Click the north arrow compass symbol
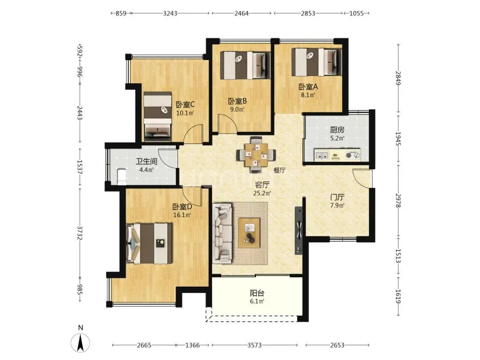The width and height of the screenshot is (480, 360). (80, 342)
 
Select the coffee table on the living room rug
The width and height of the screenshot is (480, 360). (249, 233)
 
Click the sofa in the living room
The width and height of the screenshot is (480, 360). (222, 233)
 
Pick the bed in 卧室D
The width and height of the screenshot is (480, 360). (149, 244)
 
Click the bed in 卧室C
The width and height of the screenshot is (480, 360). (157, 116)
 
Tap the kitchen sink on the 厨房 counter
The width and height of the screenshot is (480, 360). (322, 155)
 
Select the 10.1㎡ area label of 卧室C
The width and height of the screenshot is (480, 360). (185, 113)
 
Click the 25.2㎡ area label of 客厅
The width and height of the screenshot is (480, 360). (262, 193)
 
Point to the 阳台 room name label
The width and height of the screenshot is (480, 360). (257, 293)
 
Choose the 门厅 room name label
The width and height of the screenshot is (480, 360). (337, 197)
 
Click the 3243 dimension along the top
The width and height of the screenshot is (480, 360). (170, 13)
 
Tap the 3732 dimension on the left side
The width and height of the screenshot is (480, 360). (80, 232)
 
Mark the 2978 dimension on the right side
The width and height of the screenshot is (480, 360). (398, 200)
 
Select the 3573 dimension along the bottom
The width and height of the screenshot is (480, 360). (255, 345)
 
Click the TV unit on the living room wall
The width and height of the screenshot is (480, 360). (299, 231)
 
